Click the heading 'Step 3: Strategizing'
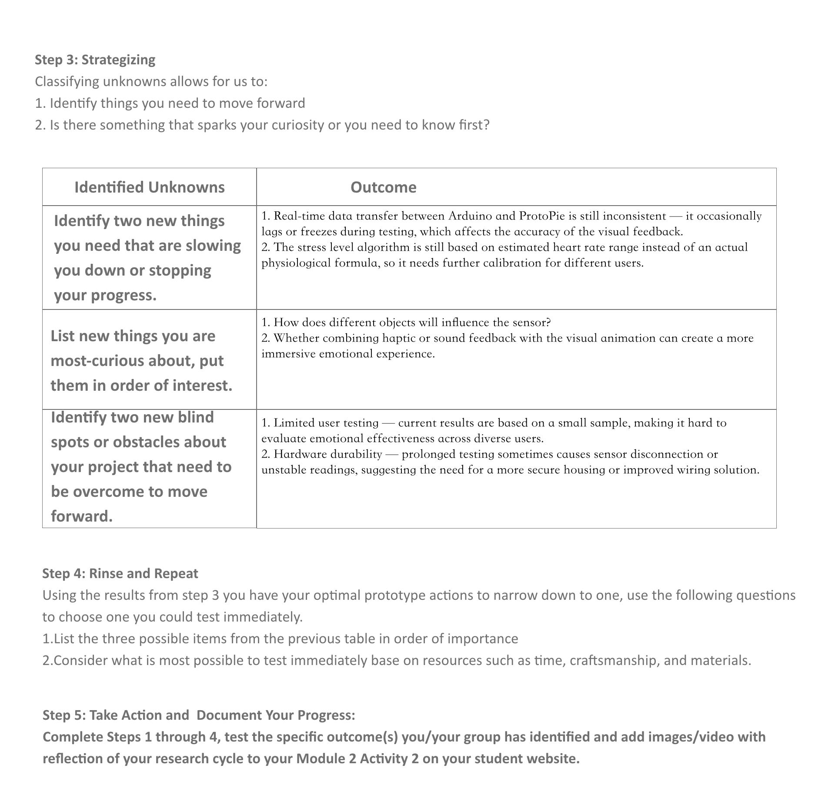(95, 60)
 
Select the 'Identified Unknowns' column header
(149, 187)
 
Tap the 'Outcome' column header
(383, 187)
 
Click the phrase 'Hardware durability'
(327, 454)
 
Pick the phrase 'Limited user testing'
(326, 423)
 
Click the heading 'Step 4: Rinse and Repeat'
(120, 573)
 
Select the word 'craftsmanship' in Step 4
(614, 660)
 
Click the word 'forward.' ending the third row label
(82, 516)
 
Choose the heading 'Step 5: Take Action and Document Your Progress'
(199, 715)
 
